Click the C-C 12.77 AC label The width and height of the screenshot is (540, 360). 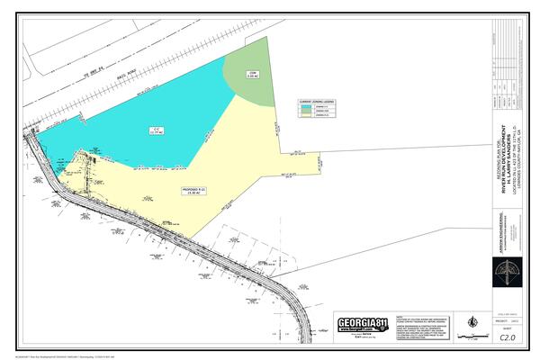click(155, 131)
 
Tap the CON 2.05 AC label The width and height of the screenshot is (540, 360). click(253, 75)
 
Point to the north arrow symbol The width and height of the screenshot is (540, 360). click(470, 321)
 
